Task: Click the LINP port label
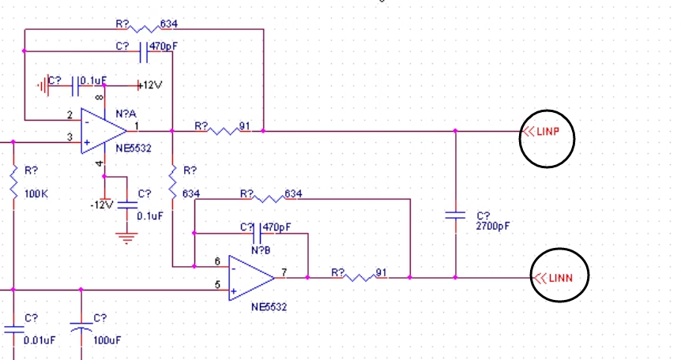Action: coord(547,131)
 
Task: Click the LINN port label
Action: coord(561,278)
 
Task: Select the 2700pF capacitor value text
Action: coord(493,227)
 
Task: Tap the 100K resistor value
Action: coord(36,193)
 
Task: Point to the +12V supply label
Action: coord(150,85)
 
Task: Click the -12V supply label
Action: coord(102,204)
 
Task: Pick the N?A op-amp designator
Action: coord(126,114)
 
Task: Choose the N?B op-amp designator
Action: coord(261,250)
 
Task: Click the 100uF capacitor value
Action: coord(107,340)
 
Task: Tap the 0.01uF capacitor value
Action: coord(40,340)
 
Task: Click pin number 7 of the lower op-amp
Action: coord(284,272)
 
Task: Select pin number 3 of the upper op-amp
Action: coord(70,137)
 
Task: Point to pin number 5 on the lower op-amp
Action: coord(217,284)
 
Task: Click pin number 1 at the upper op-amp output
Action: coord(137,126)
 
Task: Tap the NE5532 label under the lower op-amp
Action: coord(269,307)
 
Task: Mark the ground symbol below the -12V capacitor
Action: coord(126,238)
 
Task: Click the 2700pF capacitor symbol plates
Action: coord(455,215)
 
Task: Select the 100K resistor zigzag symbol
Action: coord(13,182)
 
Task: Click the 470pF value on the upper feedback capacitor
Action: coord(164,46)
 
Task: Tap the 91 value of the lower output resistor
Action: coord(381,272)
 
